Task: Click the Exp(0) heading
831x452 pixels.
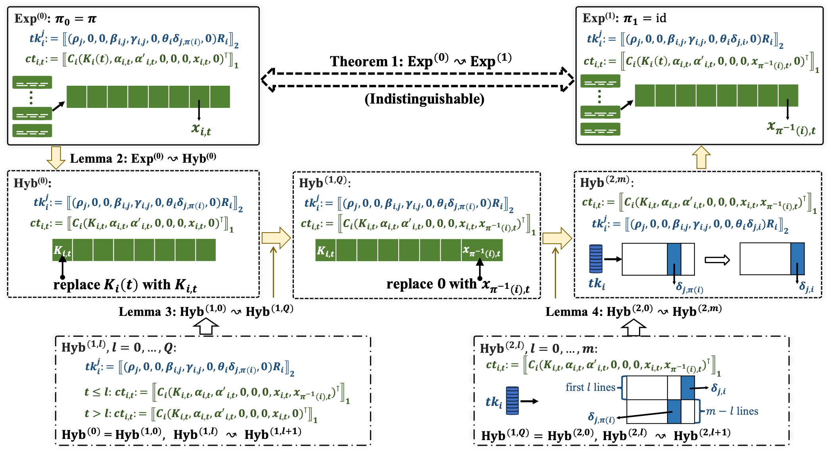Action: (x=32, y=18)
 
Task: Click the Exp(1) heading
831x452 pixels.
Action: (x=600, y=18)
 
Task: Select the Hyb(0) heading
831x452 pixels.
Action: (x=32, y=183)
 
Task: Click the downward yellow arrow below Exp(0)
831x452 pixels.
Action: (x=56, y=158)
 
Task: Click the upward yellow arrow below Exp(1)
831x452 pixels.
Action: (x=701, y=158)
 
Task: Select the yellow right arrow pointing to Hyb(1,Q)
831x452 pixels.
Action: (x=276, y=238)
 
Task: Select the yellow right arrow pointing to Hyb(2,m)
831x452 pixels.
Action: (x=557, y=238)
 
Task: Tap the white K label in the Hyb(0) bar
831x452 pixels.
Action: (x=62, y=250)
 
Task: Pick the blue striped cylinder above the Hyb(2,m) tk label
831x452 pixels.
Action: (x=596, y=259)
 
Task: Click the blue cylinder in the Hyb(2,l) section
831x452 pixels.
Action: (x=512, y=400)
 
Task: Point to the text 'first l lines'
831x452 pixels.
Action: (x=590, y=387)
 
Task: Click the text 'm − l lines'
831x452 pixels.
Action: (x=732, y=411)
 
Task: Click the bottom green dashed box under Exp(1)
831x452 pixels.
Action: (x=600, y=129)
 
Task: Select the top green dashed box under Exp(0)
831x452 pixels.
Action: (x=32, y=83)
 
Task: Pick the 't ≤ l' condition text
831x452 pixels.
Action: (x=97, y=392)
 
